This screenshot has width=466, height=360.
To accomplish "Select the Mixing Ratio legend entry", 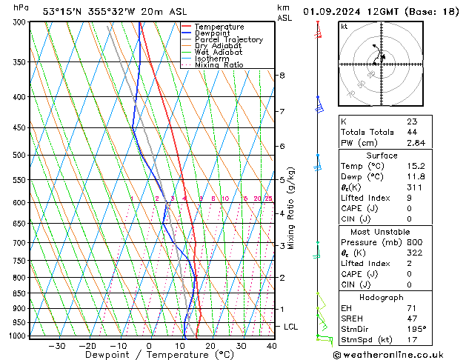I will (219, 65).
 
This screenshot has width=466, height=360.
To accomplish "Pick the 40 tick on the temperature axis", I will (272, 346).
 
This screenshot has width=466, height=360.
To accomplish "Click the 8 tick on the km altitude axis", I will (282, 76).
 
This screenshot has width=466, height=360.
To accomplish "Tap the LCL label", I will (292, 327).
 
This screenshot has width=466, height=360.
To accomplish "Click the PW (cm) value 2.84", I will (416, 143).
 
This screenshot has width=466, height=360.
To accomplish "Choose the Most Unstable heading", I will (382, 231).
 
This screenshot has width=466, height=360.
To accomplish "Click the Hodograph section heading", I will (382, 297).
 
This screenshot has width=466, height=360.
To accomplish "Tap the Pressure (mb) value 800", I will (414, 242).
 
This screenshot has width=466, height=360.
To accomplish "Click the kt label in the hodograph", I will (344, 27).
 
